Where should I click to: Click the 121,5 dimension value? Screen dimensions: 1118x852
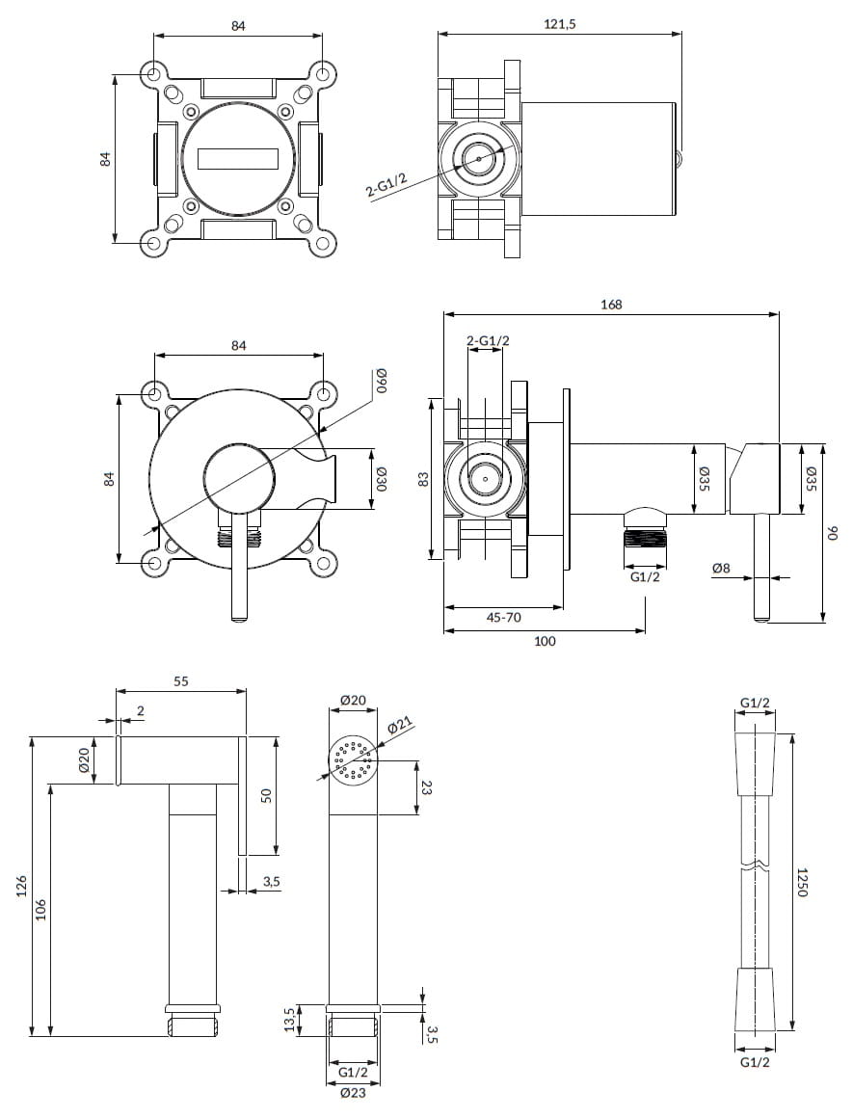(560, 24)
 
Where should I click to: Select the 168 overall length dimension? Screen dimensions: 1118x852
(611, 304)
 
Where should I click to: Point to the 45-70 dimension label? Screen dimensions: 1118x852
(503, 618)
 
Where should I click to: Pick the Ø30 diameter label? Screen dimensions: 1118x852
(381, 478)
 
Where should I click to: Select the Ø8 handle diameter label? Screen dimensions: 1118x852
(721, 569)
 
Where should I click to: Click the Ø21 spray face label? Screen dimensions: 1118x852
(400, 726)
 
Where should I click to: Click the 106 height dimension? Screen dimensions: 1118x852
(41, 910)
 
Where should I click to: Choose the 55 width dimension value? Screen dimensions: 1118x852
(180, 680)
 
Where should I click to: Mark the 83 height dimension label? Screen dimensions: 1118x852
(422, 479)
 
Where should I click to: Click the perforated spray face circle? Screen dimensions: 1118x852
(353, 760)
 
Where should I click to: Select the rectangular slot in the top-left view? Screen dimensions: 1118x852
(238, 158)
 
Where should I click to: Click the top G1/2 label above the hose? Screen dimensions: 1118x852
(755, 703)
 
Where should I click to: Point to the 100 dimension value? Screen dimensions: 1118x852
(544, 641)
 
